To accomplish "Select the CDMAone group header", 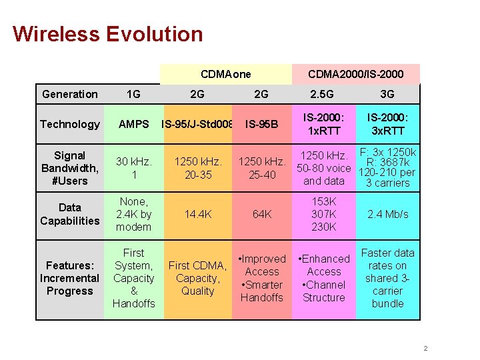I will [x=225, y=74].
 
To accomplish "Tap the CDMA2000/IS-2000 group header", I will [x=355, y=74].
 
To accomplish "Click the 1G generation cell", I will [x=133, y=94].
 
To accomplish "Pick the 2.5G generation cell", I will [x=323, y=94].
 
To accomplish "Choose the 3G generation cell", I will [x=387, y=94].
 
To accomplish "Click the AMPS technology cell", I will [x=133, y=124].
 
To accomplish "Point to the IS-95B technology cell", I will [x=261, y=124].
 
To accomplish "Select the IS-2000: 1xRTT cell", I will [x=323, y=124].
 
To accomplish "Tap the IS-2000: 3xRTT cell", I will [x=387, y=124].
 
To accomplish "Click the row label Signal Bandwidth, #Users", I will [x=69, y=168].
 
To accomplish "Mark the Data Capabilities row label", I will [x=69, y=214].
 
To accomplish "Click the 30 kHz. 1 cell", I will [x=133, y=168].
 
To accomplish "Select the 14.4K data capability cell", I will [x=197, y=214].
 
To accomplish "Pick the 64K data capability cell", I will [x=261, y=214].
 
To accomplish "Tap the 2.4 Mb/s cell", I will [x=387, y=214].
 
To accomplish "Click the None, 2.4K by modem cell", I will [x=133, y=214].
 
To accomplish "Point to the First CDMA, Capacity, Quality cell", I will [x=197, y=278].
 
